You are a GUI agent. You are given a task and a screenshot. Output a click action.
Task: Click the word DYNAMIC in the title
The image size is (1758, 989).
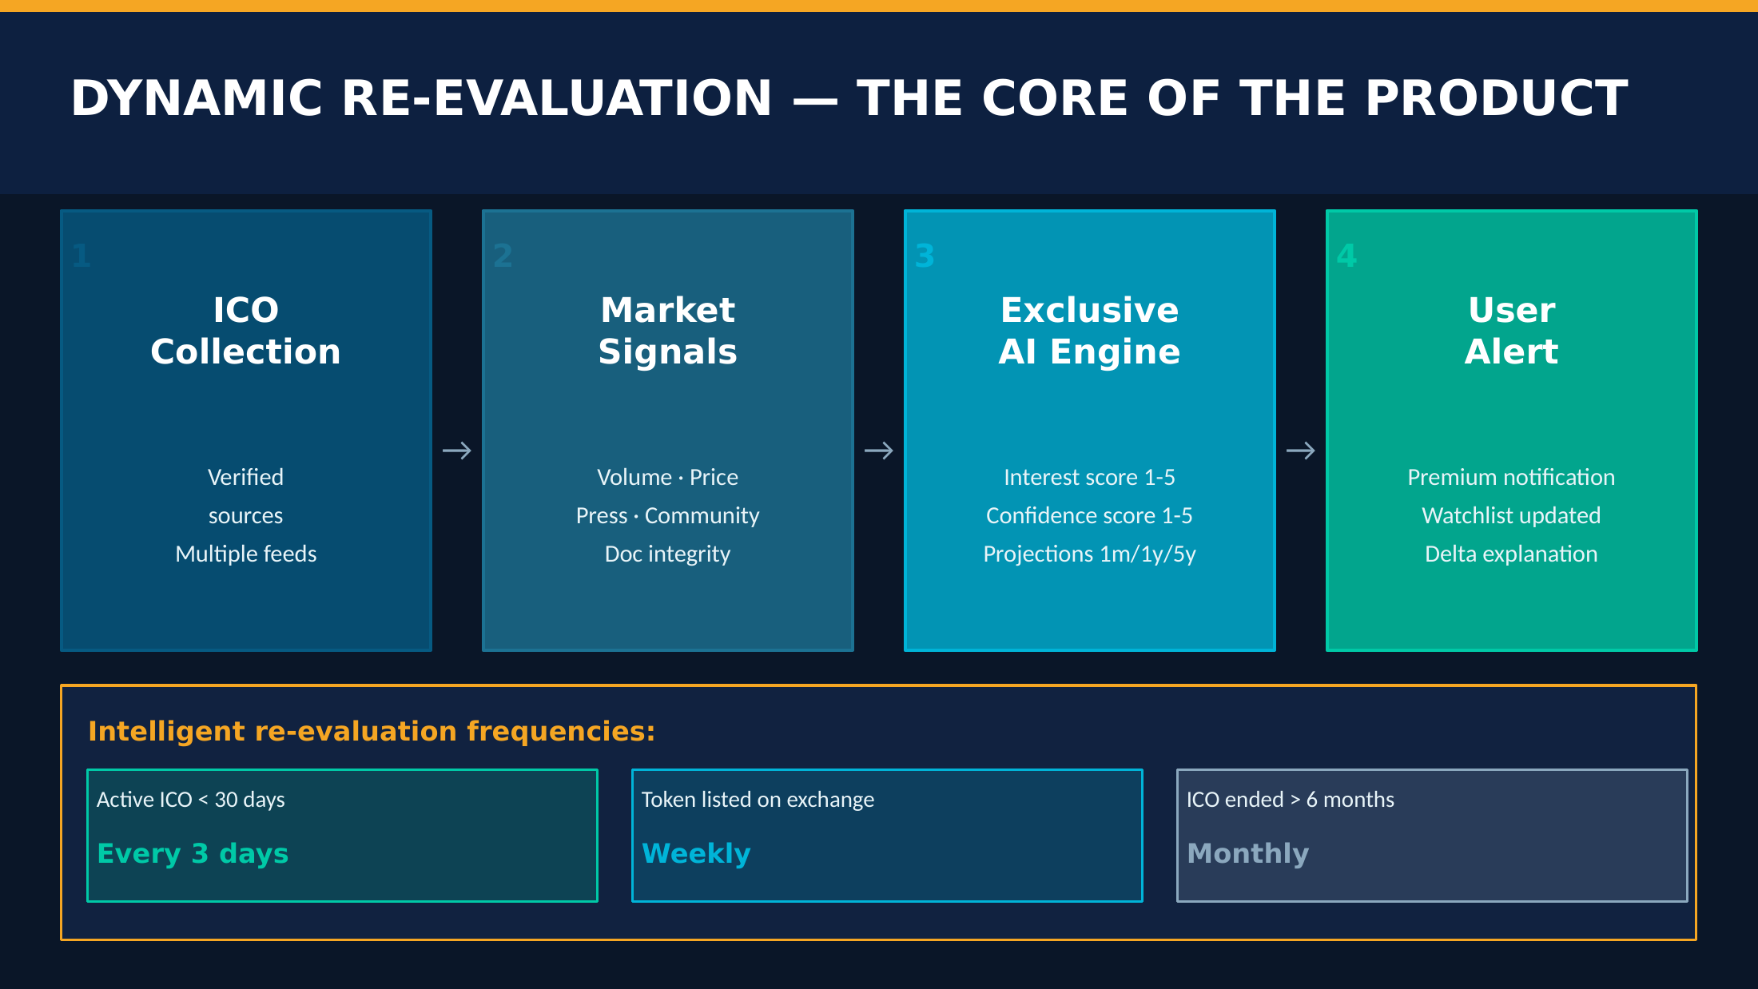[197, 98]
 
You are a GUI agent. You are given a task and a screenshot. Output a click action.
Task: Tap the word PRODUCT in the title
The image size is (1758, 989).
[1497, 98]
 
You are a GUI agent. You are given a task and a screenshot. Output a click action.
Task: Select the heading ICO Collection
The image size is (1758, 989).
[246, 331]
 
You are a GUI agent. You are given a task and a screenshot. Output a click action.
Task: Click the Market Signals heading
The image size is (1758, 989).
[668, 331]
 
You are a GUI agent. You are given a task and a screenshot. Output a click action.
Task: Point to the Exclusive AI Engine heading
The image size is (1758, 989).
[1090, 331]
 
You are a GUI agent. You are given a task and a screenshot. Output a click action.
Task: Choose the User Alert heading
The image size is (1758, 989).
[1512, 331]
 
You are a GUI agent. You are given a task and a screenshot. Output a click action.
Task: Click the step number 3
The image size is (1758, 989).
[925, 256]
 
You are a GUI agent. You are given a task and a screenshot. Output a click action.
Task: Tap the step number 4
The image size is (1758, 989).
[1346, 256]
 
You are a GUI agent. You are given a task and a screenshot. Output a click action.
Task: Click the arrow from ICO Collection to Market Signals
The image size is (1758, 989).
[457, 451]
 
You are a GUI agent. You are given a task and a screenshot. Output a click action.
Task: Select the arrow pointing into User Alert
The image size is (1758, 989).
[1301, 451]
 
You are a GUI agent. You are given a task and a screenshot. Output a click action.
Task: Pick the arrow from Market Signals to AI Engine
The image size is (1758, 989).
[879, 451]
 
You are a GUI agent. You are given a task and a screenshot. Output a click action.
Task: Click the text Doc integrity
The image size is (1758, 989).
[668, 554]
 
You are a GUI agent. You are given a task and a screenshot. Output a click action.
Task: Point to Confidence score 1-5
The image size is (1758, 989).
[1090, 516]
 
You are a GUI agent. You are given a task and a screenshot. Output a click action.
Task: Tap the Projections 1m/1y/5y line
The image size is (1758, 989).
[1090, 554]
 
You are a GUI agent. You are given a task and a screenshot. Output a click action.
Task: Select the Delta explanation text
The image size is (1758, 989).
[1512, 554]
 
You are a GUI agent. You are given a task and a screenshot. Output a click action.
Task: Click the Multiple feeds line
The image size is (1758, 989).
[246, 554]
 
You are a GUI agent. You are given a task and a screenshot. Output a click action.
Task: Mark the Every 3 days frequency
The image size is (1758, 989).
[193, 854]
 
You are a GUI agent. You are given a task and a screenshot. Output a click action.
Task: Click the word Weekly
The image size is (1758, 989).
[696, 854]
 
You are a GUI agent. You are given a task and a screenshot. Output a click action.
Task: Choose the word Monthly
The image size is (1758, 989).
[1248, 854]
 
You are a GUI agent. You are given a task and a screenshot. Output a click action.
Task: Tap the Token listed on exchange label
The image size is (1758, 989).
[758, 800]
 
